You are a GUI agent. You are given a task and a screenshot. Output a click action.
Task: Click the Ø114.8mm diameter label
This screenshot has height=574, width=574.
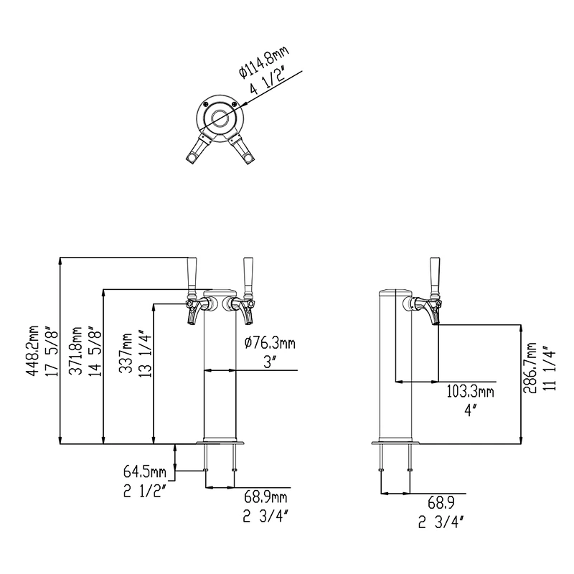[x=264, y=62]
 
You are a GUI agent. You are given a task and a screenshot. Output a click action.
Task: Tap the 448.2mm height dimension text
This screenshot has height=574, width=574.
[x=33, y=350]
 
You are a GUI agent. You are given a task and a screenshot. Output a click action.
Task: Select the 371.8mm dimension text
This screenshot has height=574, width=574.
[x=76, y=351]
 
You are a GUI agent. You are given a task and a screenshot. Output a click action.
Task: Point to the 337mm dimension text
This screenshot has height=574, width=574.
[x=127, y=353]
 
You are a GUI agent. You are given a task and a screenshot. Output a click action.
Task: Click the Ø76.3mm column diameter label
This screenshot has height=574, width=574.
[x=270, y=343]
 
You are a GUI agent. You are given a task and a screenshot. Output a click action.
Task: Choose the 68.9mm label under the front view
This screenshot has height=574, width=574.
[x=265, y=497]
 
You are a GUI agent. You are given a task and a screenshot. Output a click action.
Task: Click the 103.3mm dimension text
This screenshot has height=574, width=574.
[x=470, y=392]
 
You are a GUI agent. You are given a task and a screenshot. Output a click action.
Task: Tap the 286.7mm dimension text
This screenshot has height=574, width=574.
[x=530, y=367]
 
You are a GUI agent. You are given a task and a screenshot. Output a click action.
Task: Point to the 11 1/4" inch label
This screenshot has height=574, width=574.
[x=550, y=368]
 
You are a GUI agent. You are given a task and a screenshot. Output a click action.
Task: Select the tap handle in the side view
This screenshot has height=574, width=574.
[x=435, y=278]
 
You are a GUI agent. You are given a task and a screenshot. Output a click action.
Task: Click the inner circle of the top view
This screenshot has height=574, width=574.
[x=220, y=117]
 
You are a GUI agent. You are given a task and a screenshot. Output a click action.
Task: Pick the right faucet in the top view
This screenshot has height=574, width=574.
[x=242, y=149]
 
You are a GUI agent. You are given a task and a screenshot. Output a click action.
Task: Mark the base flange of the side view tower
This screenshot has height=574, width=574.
[x=395, y=443]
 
